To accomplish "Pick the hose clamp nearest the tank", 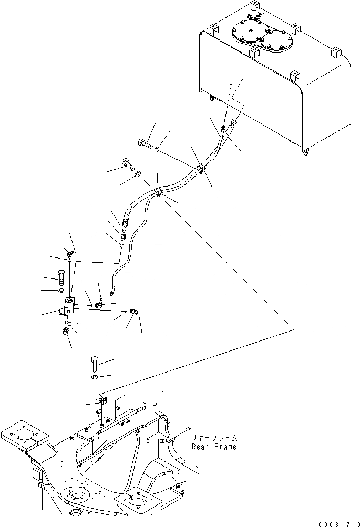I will click(201, 169).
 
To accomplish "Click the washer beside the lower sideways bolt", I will click(138, 173).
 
